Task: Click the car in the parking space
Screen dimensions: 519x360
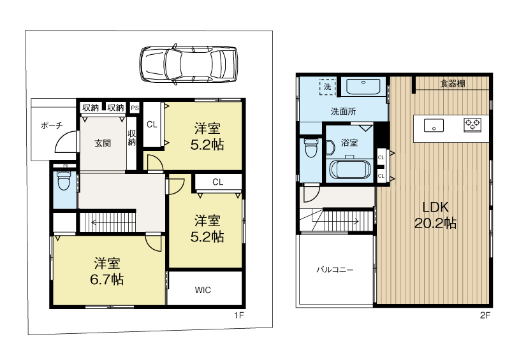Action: (189, 64)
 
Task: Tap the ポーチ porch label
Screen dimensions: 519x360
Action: (52, 126)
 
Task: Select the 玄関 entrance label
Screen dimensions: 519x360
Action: (103, 143)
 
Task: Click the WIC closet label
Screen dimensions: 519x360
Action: (203, 290)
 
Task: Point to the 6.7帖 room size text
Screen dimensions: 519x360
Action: (107, 280)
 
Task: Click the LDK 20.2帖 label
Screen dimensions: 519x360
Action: (435, 215)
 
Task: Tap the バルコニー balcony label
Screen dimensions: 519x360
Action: (335, 270)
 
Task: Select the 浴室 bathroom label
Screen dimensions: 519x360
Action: (349, 143)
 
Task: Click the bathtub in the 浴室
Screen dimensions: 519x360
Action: (349, 169)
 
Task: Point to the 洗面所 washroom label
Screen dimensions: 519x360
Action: (343, 112)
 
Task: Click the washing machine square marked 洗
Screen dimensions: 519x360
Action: (327, 87)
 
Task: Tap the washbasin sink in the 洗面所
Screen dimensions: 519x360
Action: (363, 87)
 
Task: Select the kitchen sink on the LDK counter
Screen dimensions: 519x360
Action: (434, 126)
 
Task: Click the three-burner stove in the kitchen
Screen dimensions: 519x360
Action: (472, 125)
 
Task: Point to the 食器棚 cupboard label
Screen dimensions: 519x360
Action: (453, 83)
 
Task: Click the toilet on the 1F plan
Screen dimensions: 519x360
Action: (64, 180)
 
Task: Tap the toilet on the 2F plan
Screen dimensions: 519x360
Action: (311, 148)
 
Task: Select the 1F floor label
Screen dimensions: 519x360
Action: (239, 315)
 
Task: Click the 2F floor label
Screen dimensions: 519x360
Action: (485, 315)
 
